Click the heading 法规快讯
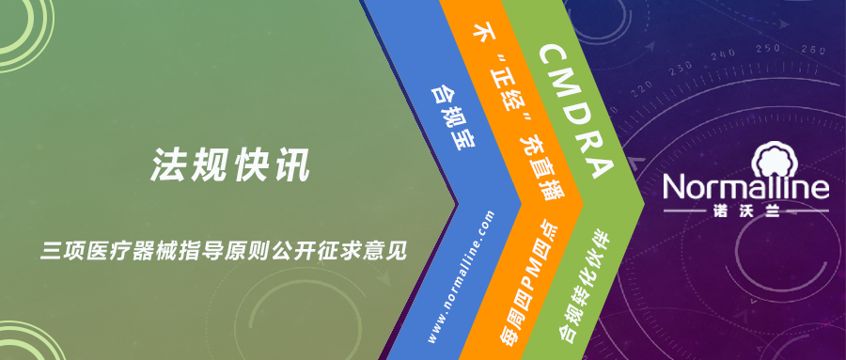230,164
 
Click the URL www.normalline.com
461,276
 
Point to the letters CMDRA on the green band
576,112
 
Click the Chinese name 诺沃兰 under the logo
745,212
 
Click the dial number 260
814,50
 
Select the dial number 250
768,49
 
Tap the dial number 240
724,55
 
